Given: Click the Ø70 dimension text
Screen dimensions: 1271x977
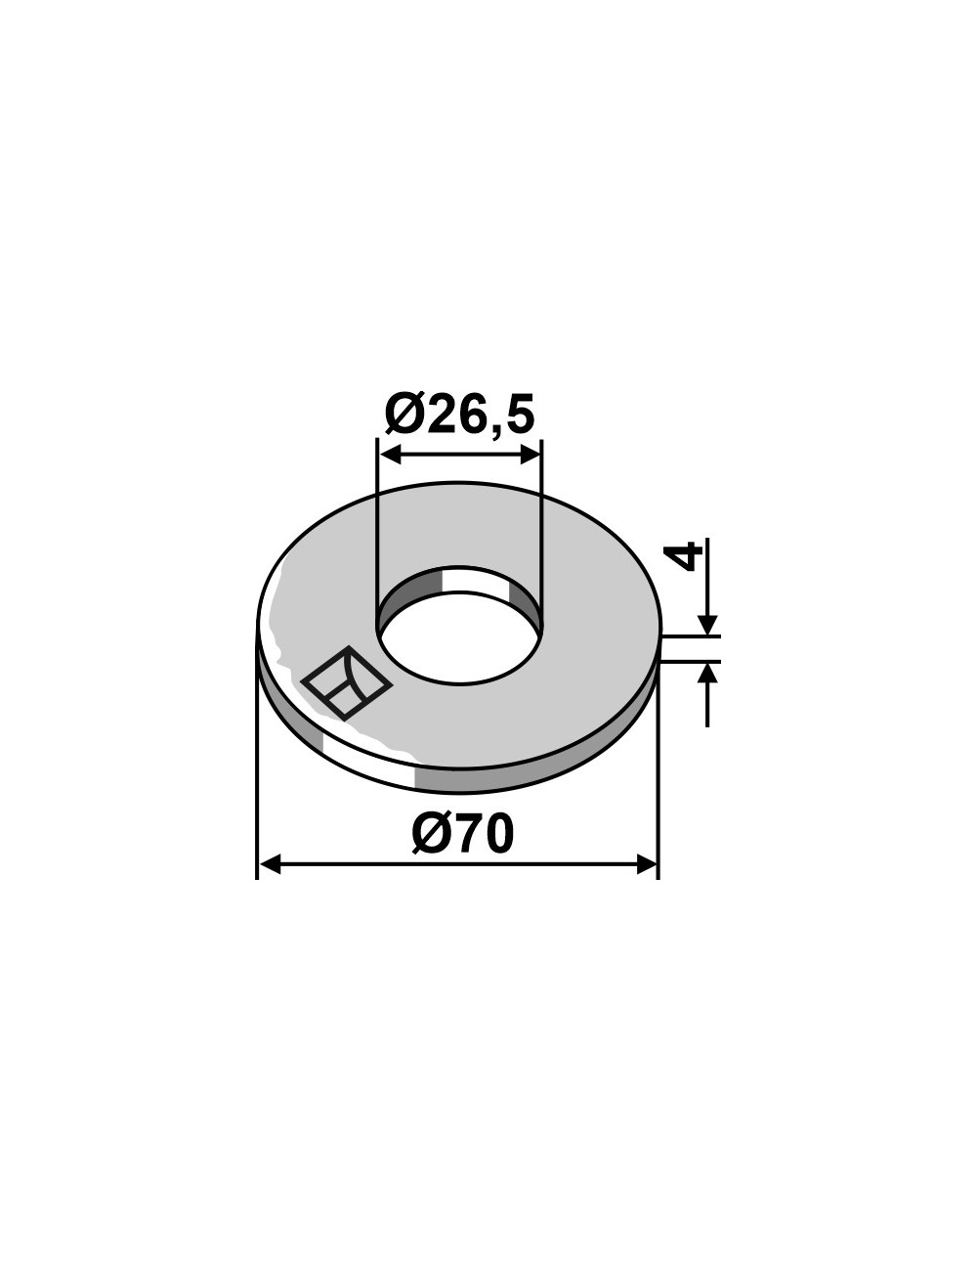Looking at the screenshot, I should coord(462,835).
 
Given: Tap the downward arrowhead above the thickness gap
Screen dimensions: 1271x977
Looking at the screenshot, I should coord(708,625).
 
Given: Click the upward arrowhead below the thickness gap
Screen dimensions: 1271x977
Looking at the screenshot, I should coord(708,673).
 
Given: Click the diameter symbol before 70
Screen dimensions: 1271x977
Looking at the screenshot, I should coord(431,835).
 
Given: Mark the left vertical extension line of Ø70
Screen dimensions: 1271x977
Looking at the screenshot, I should coord(257,782).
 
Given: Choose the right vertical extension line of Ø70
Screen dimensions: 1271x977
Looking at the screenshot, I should coord(658,782).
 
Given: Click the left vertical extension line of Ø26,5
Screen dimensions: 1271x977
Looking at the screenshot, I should coord(377,528).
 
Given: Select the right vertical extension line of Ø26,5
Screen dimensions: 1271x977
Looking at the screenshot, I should coord(541,528).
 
